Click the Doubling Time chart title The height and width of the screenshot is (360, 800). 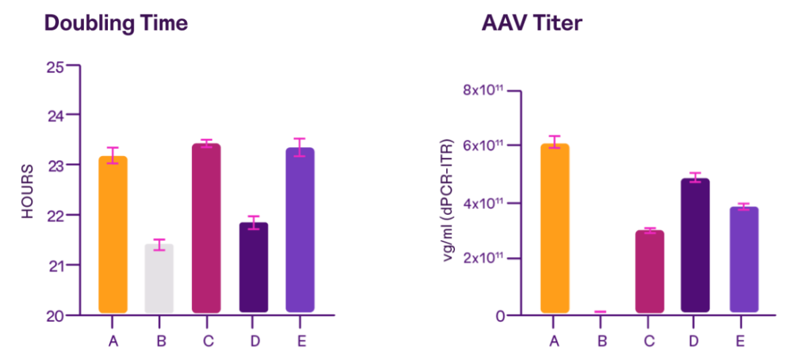(116, 23)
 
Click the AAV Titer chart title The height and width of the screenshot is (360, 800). (532, 23)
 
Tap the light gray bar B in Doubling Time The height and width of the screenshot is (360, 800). (159, 278)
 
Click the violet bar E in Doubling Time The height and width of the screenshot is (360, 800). (300, 230)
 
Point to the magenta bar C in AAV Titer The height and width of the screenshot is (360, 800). (649, 271)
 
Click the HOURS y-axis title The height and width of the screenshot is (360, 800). (28, 191)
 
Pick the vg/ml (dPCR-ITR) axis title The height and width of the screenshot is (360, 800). (449, 203)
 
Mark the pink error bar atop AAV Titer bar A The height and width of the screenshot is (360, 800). (555, 141)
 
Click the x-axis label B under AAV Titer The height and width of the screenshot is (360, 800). (602, 340)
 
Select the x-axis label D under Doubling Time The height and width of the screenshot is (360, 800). (254, 340)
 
